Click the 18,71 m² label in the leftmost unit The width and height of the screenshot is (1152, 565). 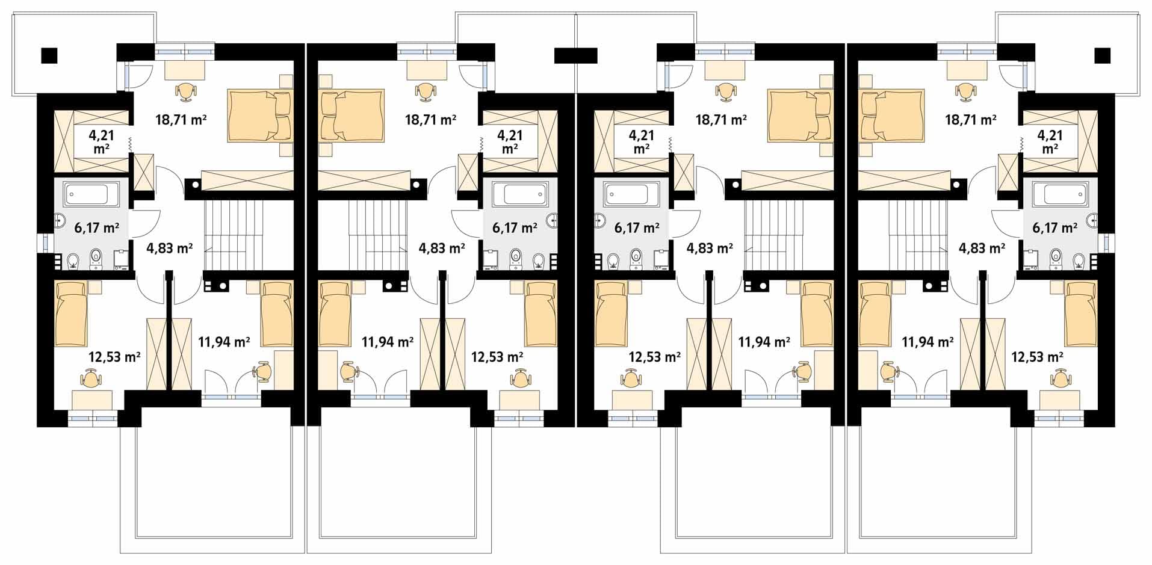[x=181, y=120]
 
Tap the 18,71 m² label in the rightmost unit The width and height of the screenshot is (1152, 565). [x=971, y=120]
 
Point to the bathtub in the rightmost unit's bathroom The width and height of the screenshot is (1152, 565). [x=1066, y=194]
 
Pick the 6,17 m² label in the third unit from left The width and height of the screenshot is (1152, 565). [x=637, y=228]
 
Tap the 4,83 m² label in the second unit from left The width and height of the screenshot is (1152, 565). [x=442, y=248]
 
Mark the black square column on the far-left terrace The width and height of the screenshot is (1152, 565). [x=49, y=55]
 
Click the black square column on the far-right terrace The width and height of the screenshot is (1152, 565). [x=1102, y=56]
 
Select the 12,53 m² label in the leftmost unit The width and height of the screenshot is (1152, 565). [x=114, y=357]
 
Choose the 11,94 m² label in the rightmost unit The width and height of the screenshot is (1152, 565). [x=927, y=342]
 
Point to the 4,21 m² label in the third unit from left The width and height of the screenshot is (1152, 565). [x=642, y=142]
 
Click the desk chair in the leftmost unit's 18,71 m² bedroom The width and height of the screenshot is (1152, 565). [x=186, y=91]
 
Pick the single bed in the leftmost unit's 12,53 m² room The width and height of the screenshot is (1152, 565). [x=71, y=313]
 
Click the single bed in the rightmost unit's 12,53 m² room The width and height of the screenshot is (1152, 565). [x=1082, y=313]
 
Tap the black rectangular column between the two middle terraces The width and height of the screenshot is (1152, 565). [x=576, y=56]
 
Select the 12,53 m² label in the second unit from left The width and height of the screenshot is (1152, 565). [x=497, y=357]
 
